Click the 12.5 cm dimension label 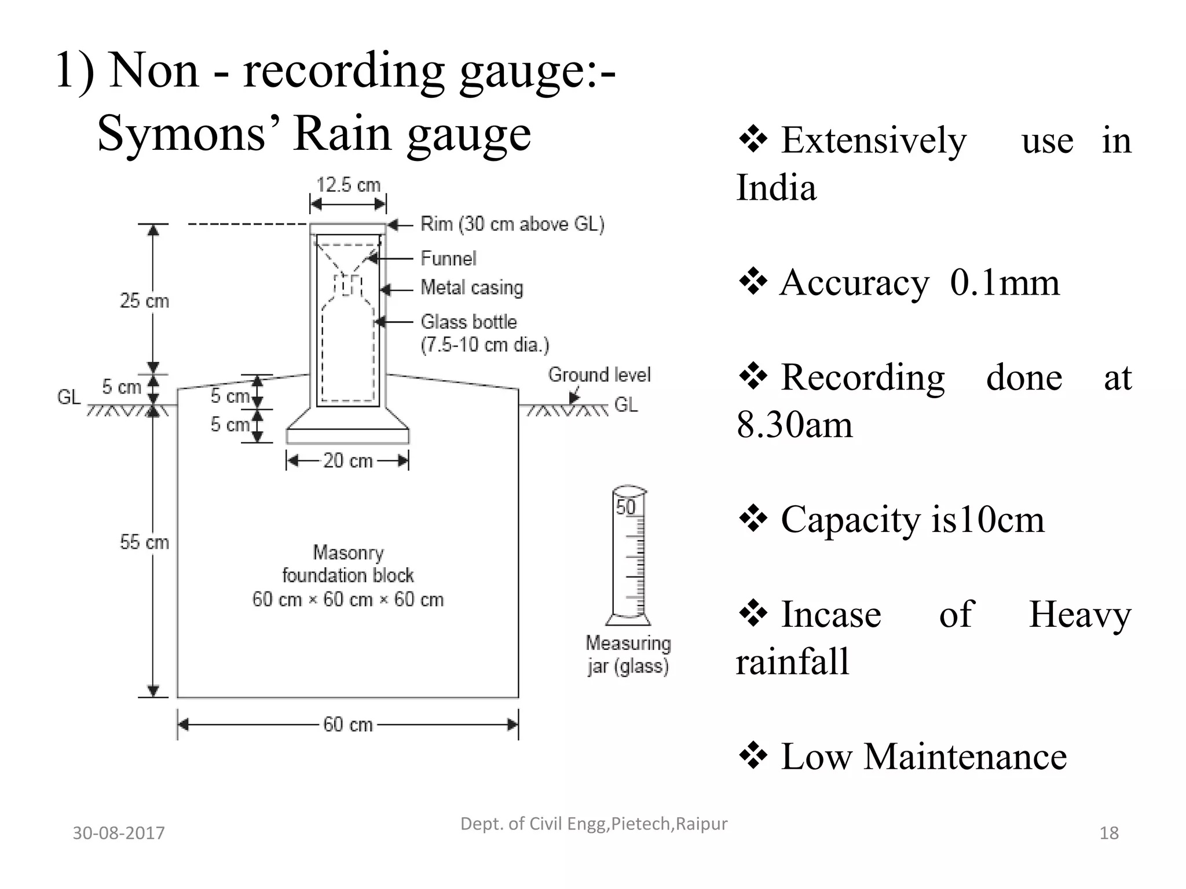pyautogui.click(x=348, y=185)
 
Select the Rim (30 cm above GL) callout pyautogui.click(x=512, y=224)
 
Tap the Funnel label pyautogui.click(x=448, y=258)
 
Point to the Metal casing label pyautogui.click(x=471, y=288)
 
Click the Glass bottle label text pyautogui.click(x=468, y=322)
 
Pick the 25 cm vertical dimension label pyautogui.click(x=144, y=301)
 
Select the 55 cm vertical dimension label pyautogui.click(x=144, y=542)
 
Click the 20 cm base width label pyautogui.click(x=347, y=461)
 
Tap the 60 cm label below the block pyautogui.click(x=347, y=725)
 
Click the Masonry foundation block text pyautogui.click(x=348, y=575)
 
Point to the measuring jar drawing pyautogui.click(x=629, y=556)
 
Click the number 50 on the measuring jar pyautogui.click(x=625, y=508)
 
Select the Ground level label pyautogui.click(x=599, y=375)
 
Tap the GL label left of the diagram pyautogui.click(x=68, y=398)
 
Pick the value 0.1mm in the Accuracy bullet pyautogui.click(x=1004, y=282)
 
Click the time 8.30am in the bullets pyautogui.click(x=795, y=425)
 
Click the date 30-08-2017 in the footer pyautogui.click(x=119, y=833)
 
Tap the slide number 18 pyautogui.click(x=1108, y=833)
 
